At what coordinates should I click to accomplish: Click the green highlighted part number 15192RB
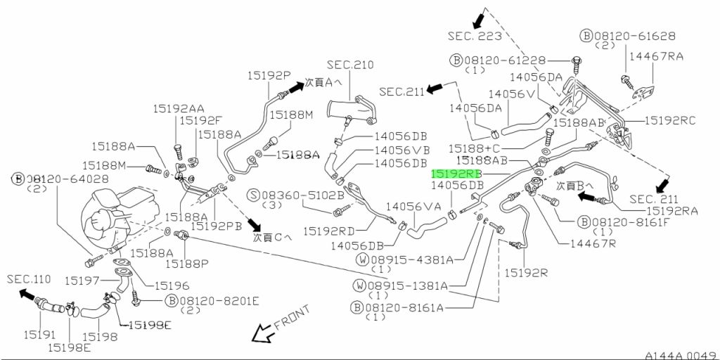pos(456,174)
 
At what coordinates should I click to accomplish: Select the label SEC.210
pos(350,65)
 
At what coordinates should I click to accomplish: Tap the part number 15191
pos(39,335)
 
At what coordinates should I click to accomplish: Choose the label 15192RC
pos(670,120)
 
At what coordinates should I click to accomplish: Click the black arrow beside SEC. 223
pos(478,20)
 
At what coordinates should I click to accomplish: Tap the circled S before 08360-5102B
pos(253,195)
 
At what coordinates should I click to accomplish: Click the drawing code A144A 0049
pos(680,355)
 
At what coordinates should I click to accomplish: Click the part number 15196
pos(172,285)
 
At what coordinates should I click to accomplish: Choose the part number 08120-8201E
pos(219,301)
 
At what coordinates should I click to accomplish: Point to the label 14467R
pos(593,243)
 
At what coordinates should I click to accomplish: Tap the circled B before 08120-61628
pos(586,36)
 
